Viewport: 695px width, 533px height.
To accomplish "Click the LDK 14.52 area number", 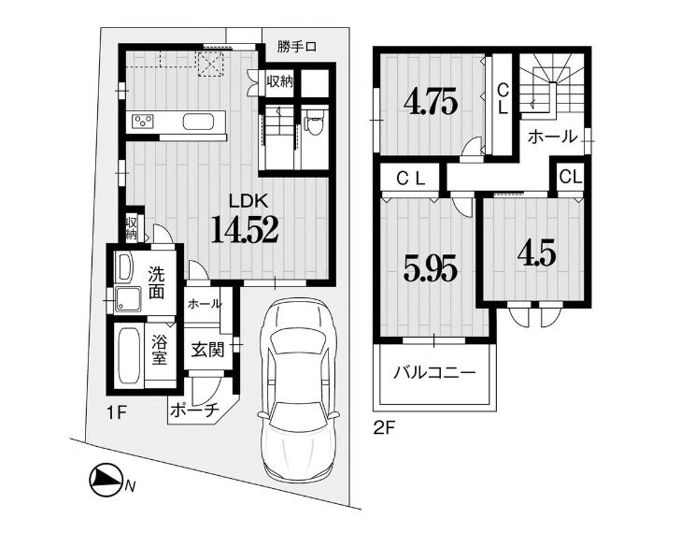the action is point(245,229).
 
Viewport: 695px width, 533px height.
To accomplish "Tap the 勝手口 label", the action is point(297,47).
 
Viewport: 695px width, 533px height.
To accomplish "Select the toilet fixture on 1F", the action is point(315,122).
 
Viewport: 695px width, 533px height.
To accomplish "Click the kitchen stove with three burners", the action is point(143,122).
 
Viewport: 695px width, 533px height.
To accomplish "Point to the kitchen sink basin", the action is point(199,122).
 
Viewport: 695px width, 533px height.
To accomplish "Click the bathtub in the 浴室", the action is point(130,356).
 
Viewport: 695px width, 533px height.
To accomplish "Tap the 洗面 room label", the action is point(156,282).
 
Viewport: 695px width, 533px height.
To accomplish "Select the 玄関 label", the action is point(207,351).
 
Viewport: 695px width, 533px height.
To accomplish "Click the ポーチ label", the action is point(194,410).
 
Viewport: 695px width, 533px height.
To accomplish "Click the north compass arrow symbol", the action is point(106,480).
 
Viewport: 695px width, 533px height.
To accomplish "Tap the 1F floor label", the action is point(117,414).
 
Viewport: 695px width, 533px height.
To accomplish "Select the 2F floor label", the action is point(384,428).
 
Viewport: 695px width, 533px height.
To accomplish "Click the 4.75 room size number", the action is point(430,104).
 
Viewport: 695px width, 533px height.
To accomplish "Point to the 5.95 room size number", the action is point(430,270).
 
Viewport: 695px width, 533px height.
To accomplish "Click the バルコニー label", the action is point(435,372).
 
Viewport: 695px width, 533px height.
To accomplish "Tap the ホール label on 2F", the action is point(553,137).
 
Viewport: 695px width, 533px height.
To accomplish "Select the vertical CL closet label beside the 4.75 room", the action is point(503,100).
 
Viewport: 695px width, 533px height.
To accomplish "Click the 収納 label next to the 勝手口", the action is point(279,81).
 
